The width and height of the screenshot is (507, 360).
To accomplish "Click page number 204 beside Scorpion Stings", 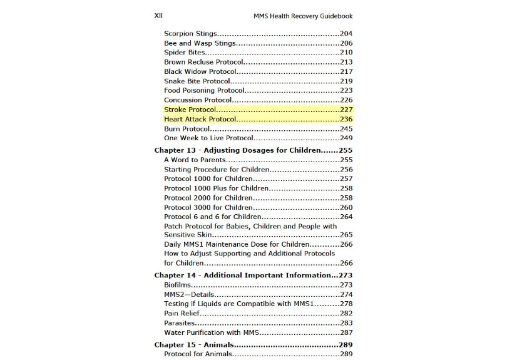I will tap(346, 34).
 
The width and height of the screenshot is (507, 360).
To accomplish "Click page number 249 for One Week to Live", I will tap(346, 138).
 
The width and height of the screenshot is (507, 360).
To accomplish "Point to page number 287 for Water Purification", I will tap(346, 332).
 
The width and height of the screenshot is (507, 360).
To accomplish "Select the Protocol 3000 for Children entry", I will tap(208, 207).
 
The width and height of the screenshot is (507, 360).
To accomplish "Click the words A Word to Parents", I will tap(195, 160).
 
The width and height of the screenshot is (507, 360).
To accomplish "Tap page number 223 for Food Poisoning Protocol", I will tap(346, 91).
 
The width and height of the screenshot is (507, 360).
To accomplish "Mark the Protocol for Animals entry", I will tap(198, 354).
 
